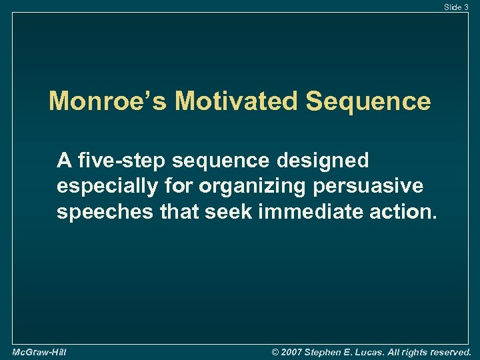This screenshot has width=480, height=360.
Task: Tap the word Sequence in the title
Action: click(368, 101)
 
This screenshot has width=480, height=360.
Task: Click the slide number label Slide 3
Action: click(457, 7)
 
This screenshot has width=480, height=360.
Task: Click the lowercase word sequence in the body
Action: click(233, 161)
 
